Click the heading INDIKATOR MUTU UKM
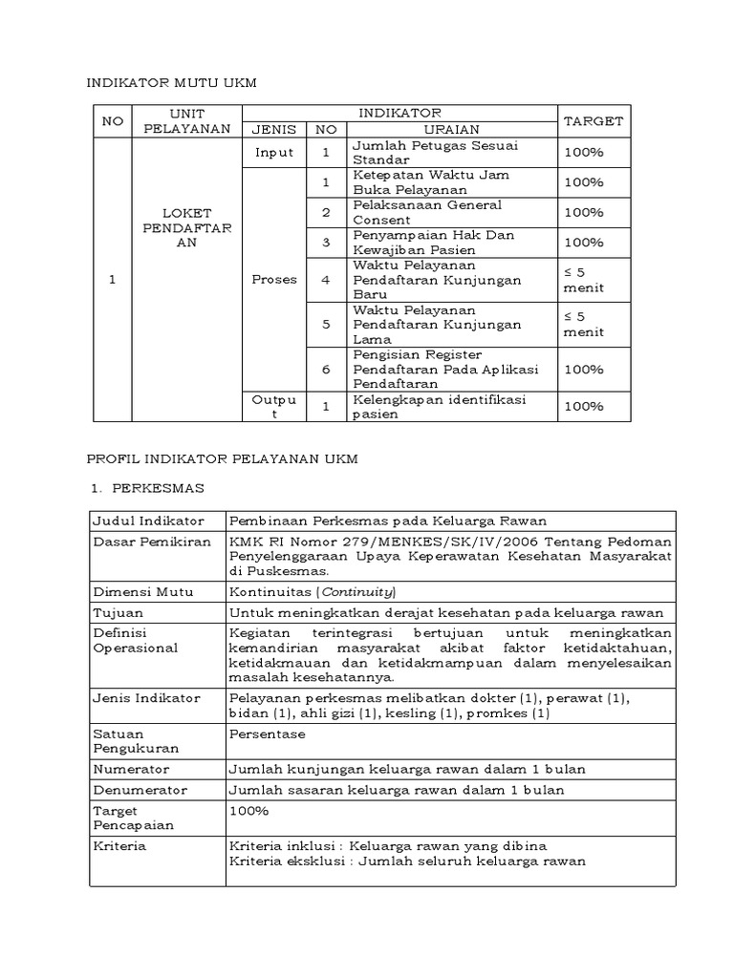[x=173, y=85]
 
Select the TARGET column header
[x=593, y=121]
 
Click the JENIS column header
[x=274, y=130]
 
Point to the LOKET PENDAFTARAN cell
[x=187, y=227]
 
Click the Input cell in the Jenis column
[x=274, y=153]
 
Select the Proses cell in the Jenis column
[x=274, y=280]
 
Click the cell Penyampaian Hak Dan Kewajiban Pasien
[x=429, y=243]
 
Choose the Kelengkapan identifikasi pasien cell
[x=439, y=406]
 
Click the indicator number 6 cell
[x=326, y=369]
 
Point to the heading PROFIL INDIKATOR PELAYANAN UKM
[x=223, y=458]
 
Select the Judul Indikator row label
[x=148, y=521]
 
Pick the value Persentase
[x=268, y=733]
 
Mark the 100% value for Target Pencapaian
[x=248, y=811]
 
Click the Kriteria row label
[x=119, y=846]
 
